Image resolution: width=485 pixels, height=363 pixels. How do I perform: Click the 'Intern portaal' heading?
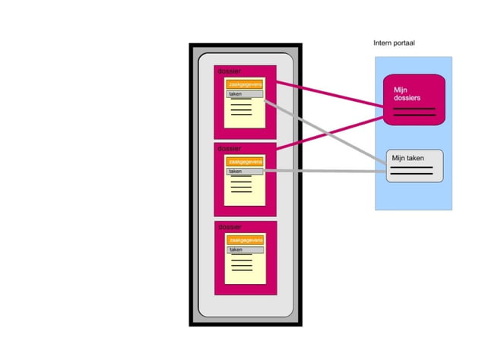tap(394, 43)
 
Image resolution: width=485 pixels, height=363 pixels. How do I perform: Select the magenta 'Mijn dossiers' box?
tap(413, 98)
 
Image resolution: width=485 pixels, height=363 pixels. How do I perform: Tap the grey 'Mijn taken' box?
tap(414, 166)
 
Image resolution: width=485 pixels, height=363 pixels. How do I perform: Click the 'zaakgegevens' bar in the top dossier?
tap(245, 85)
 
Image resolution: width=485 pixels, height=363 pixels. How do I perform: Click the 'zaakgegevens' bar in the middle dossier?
tap(245, 162)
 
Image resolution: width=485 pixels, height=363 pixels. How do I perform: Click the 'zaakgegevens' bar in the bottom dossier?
tap(245, 240)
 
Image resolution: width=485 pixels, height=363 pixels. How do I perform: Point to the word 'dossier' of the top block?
tap(229, 71)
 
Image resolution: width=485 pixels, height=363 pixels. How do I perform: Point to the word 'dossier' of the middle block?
tap(229, 149)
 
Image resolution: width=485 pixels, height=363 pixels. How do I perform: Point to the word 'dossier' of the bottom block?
tap(229, 227)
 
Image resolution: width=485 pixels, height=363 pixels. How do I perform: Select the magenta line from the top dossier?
tap(327, 94)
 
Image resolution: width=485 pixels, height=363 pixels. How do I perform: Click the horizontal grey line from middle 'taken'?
tap(327, 172)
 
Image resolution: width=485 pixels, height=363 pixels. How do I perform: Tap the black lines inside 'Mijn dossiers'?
tap(414, 112)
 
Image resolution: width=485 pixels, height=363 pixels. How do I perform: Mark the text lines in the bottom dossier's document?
tap(242, 264)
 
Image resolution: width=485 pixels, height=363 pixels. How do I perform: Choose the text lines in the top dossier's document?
tap(241, 109)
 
